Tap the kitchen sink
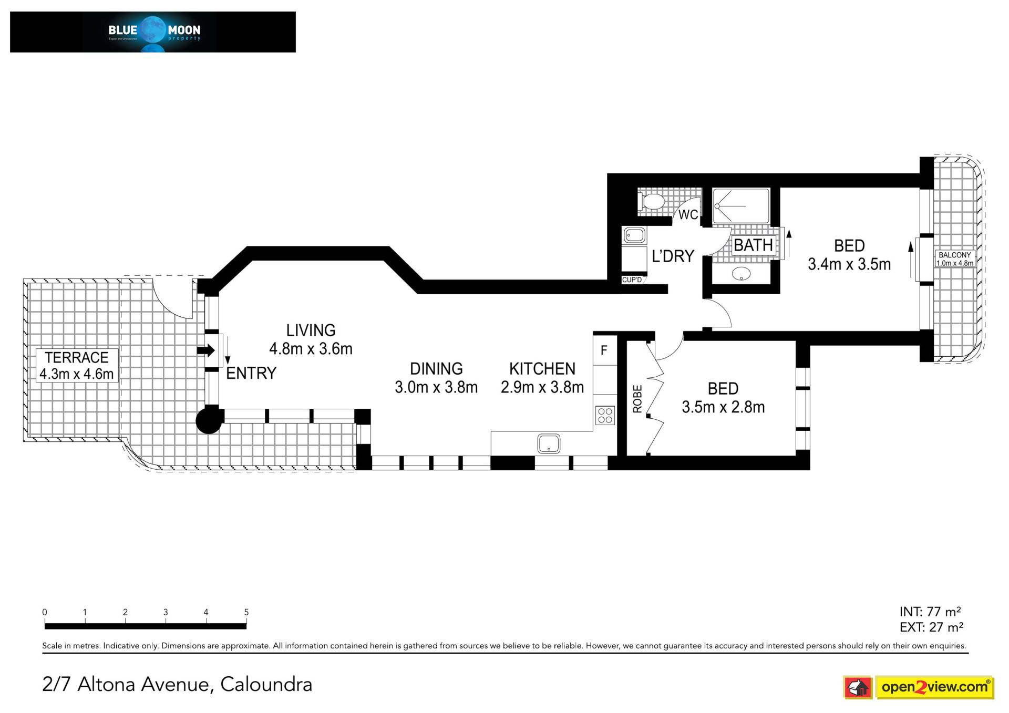[549, 444]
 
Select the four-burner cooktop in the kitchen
[605, 415]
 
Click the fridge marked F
[604, 350]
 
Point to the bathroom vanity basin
[741, 273]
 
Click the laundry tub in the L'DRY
[634, 235]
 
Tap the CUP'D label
[632, 280]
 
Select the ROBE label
[637, 399]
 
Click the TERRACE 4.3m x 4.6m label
[77, 366]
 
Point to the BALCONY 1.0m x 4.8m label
[955, 259]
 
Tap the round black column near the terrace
[209, 420]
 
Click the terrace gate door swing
[172, 298]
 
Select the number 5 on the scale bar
[246, 612]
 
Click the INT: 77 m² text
[930, 612]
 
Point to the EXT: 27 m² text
[931, 627]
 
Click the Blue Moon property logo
[153, 32]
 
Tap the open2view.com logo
[919, 687]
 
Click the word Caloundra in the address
[266, 684]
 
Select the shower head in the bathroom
[717, 206]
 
